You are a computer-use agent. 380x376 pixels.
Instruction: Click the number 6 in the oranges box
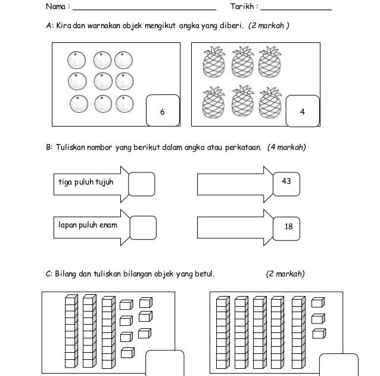pos(162,112)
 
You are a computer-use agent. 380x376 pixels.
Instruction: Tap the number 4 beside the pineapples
pos(303,112)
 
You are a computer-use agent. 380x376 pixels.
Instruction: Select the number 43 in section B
pos(286,181)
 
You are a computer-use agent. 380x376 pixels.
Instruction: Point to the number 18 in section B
pos(288,226)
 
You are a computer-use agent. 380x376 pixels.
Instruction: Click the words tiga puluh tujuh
pos(86,182)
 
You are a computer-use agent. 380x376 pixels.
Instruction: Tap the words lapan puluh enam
pos(88,225)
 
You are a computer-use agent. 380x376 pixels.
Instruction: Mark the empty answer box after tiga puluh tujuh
pos(141,184)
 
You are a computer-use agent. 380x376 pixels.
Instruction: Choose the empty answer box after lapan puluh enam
pos(142,227)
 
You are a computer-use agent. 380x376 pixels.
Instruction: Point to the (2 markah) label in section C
pos(285,274)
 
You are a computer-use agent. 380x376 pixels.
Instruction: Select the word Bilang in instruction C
pos(66,274)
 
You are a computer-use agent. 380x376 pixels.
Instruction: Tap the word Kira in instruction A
pos(62,27)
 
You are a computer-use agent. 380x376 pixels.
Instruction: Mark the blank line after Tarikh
pos(296,9)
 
